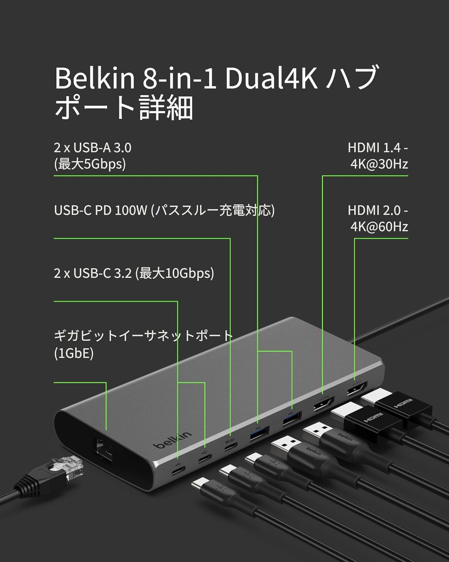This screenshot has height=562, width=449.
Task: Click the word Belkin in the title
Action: coord(95,78)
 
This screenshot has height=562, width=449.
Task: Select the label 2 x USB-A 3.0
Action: coord(93,148)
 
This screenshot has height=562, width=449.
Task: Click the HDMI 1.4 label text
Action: coord(378,148)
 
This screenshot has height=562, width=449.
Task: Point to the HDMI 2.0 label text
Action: coord(378,211)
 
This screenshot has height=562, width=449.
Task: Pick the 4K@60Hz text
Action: coord(379,227)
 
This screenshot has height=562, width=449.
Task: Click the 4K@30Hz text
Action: coord(379,164)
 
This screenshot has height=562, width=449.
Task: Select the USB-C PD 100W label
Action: coord(100,211)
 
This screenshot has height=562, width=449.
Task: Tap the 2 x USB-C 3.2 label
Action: coord(93,274)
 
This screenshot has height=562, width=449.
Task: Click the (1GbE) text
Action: coord(74,354)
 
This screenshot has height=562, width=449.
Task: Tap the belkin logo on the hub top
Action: coord(173,440)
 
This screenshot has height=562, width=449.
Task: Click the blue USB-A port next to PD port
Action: coord(259,434)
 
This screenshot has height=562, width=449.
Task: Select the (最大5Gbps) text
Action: coord(90,164)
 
